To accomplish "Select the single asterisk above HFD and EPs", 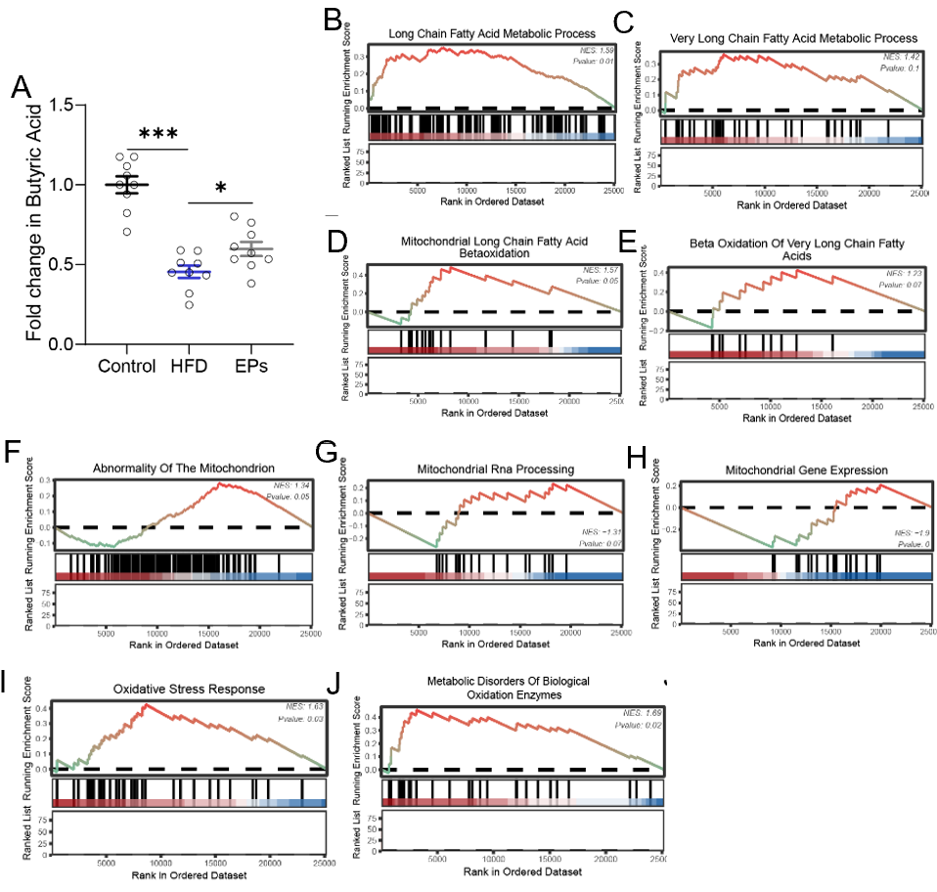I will [x=222, y=187].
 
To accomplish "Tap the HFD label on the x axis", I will [x=189, y=367].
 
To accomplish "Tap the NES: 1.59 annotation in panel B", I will [x=590, y=49].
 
